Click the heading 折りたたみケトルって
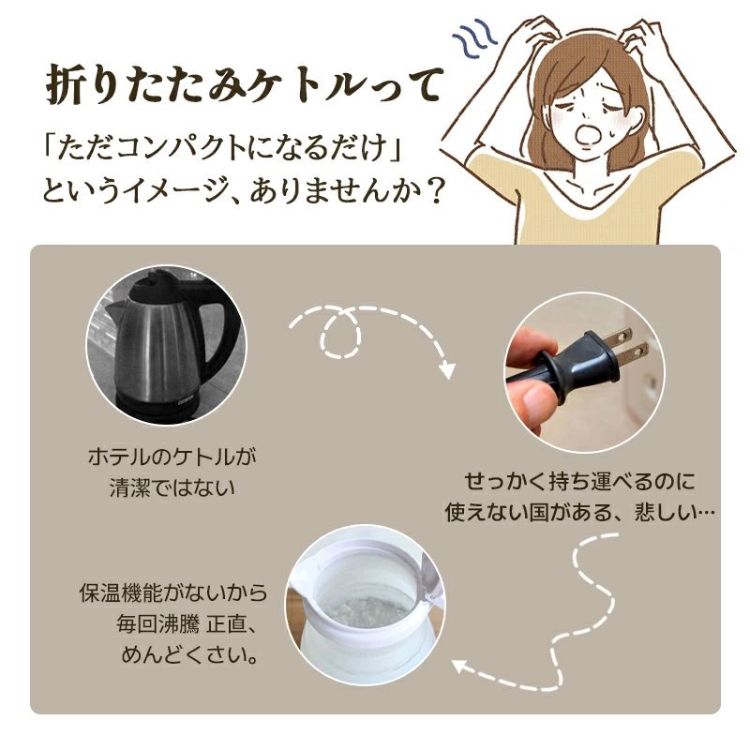(x=242, y=86)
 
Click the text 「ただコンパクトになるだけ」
(x=228, y=151)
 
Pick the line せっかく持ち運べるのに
(x=580, y=483)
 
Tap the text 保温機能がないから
(x=173, y=593)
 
